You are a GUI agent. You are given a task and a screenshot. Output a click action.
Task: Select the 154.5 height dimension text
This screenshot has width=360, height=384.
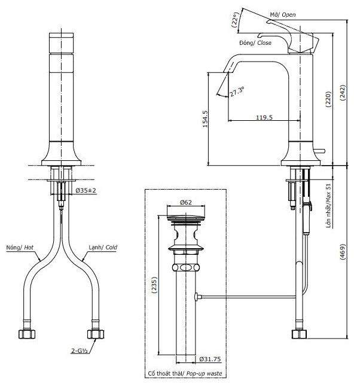coord(205,119)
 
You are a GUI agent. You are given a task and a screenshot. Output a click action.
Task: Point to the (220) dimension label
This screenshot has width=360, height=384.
coord(328,99)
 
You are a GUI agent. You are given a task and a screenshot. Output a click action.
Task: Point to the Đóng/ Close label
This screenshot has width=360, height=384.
coord(255,43)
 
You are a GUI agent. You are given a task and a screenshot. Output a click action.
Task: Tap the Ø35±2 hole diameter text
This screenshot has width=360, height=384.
coord(86,190)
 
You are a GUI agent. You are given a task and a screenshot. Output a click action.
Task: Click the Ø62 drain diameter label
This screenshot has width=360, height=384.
coord(185,202)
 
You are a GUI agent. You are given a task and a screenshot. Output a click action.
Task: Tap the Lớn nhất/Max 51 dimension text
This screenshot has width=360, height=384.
coord(328,206)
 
